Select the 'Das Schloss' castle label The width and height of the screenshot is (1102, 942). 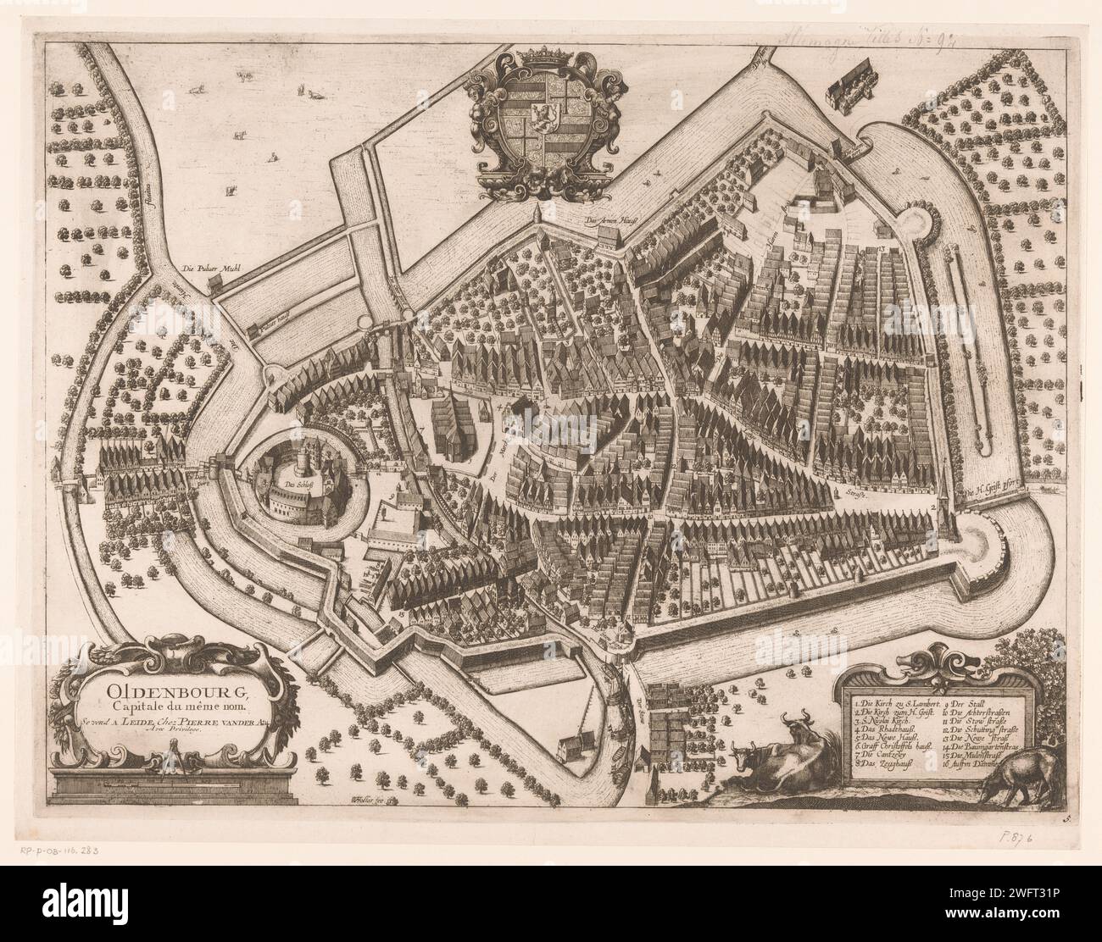[x=298, y=485]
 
